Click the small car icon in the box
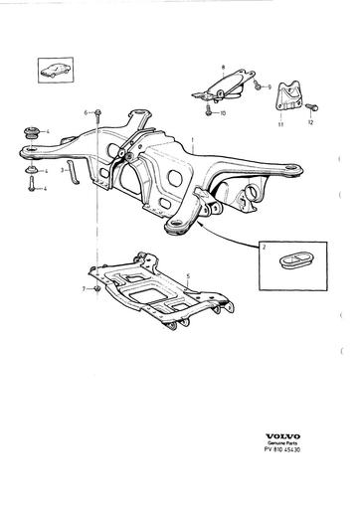coord(49,71)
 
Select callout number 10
coord(224,114)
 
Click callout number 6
coord(87,111)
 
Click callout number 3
coord(62,170)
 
